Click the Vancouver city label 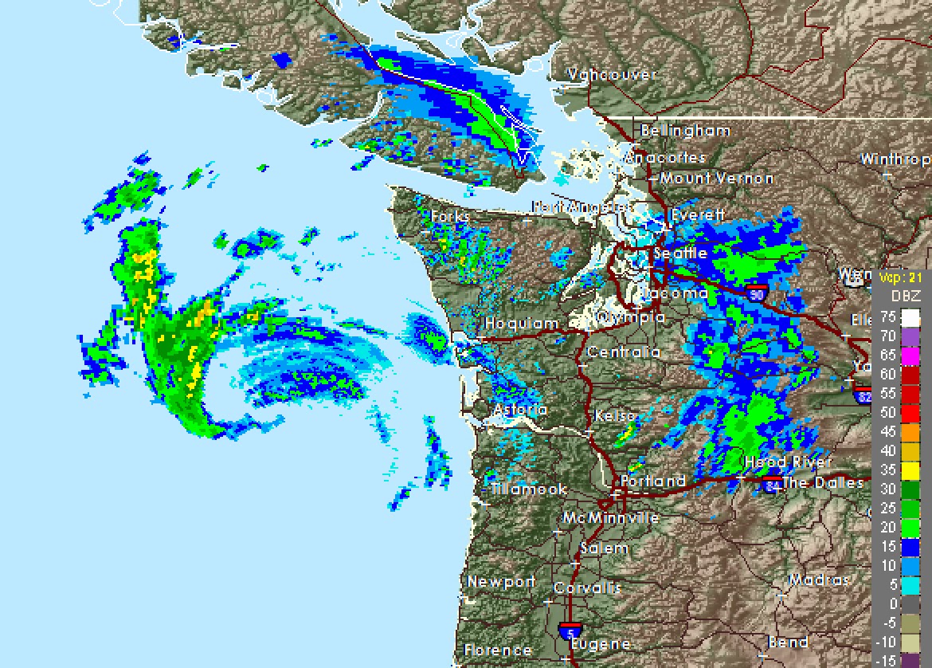pos(612,75)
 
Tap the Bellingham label pos(685,130)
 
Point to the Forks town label pos(450,216)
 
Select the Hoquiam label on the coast pos(522,324)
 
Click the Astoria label pos(520,410)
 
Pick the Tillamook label pos(529,489)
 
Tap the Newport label pos(501,581)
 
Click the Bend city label pos(788,642)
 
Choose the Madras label pos(818,580)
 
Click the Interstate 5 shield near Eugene pos(570,630)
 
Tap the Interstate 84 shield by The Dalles pos(771,484)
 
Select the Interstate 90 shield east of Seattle pos(758,293)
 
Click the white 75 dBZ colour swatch pos(910,317)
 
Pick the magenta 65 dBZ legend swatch pos(910,355)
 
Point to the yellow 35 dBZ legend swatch pos(910,470)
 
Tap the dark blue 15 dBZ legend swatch pos(910,546)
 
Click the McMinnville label pos(610,518)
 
